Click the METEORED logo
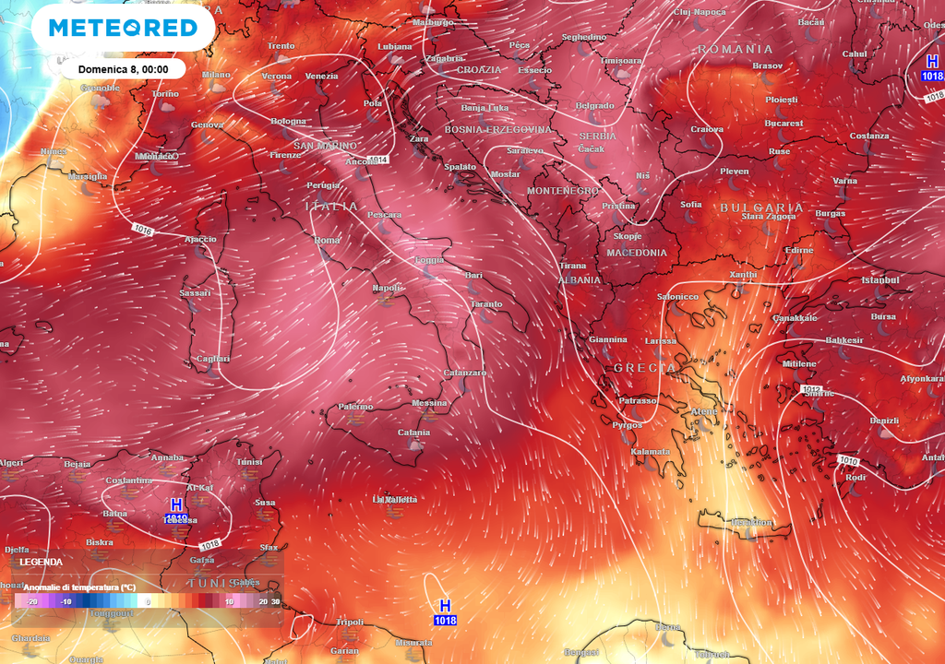point(123,28)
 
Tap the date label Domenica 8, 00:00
point(123,69)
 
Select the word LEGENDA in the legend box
point(41,562)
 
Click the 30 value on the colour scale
point(275,601)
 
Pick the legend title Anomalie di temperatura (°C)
point(79,587)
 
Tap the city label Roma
point(328,241)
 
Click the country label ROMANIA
point(735,49)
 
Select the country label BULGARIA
point(762,207)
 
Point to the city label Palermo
point(355,407)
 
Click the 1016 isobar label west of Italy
point(141,229)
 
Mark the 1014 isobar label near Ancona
point(377,160)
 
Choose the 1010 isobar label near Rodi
point(848,460)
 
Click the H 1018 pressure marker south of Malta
point(445,611)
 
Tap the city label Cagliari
point(213,359)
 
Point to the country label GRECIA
point(645,368)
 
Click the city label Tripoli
point(350,622)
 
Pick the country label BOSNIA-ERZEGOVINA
point(498,130)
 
